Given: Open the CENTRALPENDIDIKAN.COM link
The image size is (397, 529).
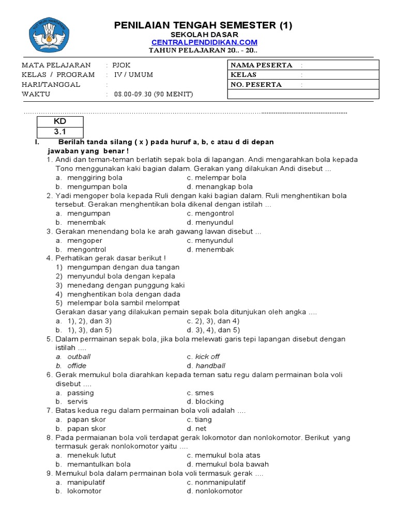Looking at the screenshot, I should pos(204,42).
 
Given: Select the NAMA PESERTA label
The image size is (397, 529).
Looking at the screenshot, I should pos(261,65).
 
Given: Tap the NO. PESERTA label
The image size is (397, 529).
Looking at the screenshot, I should pos(256,84).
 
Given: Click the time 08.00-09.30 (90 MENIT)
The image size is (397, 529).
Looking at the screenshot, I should pos(153,94).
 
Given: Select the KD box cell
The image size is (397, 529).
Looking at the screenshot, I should pos(60,121).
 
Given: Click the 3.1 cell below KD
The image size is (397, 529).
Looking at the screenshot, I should pos(60,132).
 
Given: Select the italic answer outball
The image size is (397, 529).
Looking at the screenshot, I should pos(79,356).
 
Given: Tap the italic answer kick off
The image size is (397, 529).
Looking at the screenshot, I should pos(207,356).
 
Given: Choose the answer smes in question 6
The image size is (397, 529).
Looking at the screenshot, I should pos(204,393).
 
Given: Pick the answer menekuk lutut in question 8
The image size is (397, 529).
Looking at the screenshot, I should pos(91,455).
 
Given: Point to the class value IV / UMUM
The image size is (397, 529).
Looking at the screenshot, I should pos(133,74).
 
